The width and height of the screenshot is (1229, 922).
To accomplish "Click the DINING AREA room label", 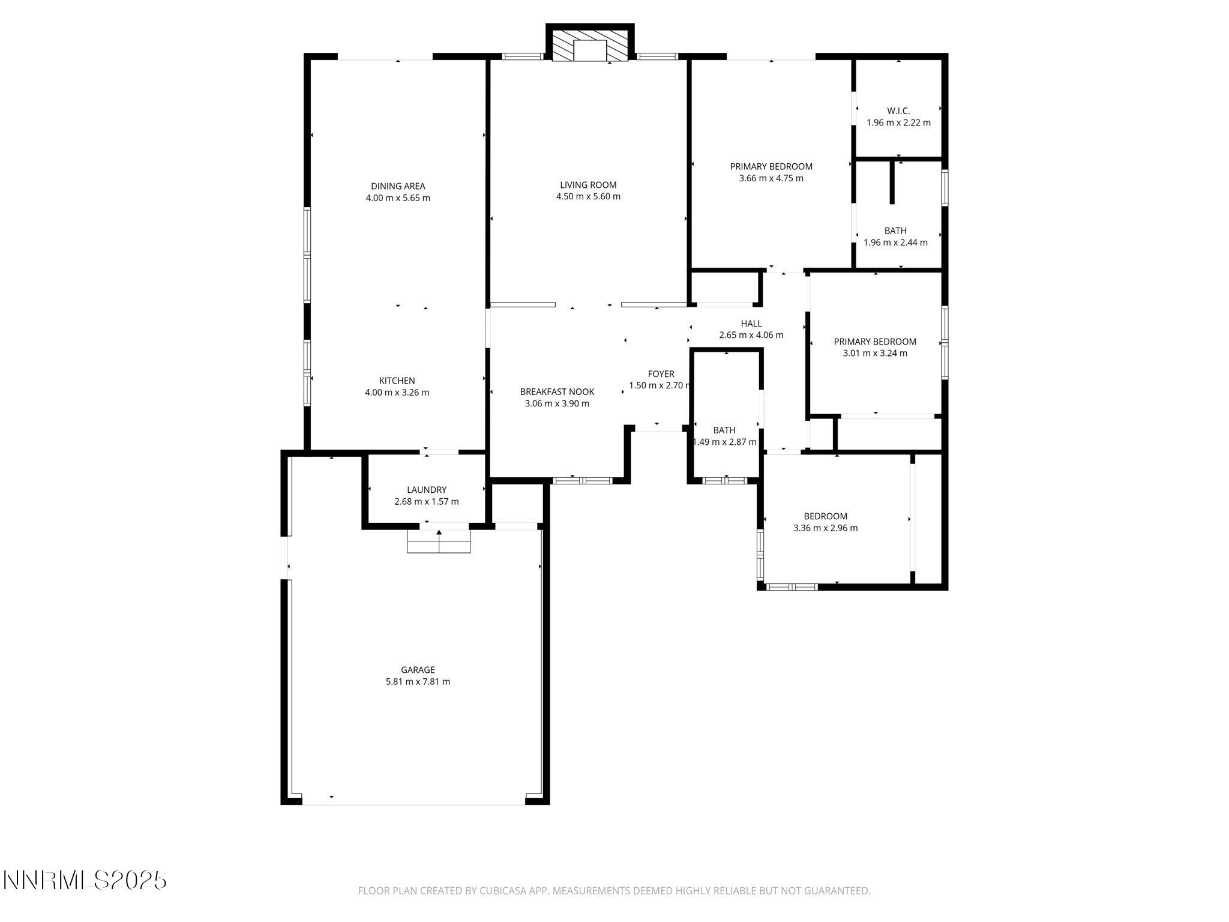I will pos(398,186).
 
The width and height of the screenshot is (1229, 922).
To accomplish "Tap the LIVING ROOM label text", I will pos(588,185).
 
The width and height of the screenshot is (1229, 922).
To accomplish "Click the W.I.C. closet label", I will pos(898,111).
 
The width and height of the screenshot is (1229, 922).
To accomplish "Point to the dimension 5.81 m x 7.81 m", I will pos(418,682).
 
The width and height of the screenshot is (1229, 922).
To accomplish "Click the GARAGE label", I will pos(418,670).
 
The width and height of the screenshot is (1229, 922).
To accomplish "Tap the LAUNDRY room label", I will pos(427,490).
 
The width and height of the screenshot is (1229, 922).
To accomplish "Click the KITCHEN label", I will pos(397,381).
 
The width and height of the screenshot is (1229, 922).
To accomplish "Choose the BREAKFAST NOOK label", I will pos(557,392).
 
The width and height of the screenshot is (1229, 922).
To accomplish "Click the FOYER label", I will pos(661,374).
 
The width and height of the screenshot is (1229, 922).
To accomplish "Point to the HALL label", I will pos(751,324).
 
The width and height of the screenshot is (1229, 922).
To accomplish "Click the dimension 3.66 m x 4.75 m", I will pos(771,178).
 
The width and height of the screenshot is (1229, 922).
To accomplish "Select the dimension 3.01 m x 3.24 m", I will pos(875,354).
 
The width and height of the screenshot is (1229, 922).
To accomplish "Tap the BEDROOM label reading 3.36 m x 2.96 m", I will pos(825,516).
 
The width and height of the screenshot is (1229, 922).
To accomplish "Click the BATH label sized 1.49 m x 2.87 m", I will pos(724,430).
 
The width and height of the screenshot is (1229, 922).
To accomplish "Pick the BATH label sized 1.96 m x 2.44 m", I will pos(895,230).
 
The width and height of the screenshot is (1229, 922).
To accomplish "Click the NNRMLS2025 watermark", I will pos(85,881).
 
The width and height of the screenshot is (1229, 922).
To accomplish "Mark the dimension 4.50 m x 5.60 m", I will pos(588,197).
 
